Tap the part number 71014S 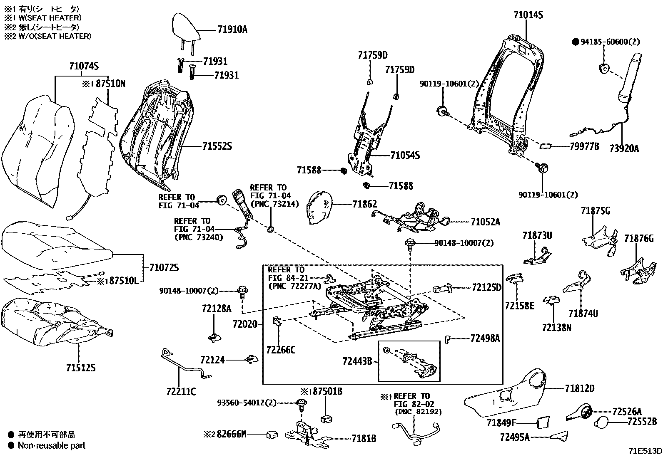click(528, 15)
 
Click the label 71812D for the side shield click(580, 388)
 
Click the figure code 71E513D click(645, 451)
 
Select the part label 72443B click(357, 361)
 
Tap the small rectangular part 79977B click(546, 146)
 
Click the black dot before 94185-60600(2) click(576, 42)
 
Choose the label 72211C click(181, 392)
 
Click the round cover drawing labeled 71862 click(319, 207)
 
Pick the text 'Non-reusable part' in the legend click(51, 445)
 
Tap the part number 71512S click(81, 368)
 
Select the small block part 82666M click(272, 435)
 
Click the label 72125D click(486, 287)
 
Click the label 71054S click(405, 156)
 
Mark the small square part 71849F click(542, 422)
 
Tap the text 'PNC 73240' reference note click(198, 237)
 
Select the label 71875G click(596, 211)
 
